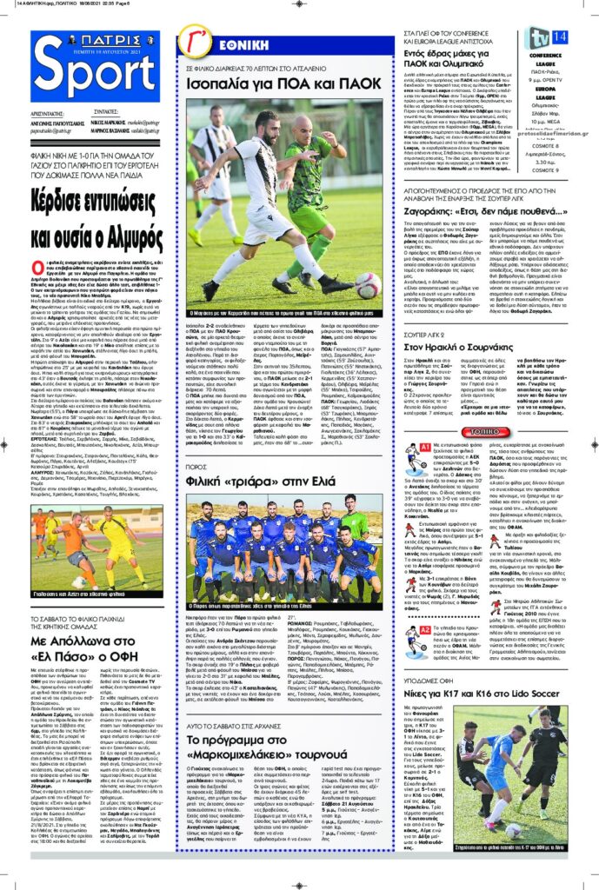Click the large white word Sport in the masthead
pyautogui.click(x=94, y=76)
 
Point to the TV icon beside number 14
pyautogui.click(x=538, y=37)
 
